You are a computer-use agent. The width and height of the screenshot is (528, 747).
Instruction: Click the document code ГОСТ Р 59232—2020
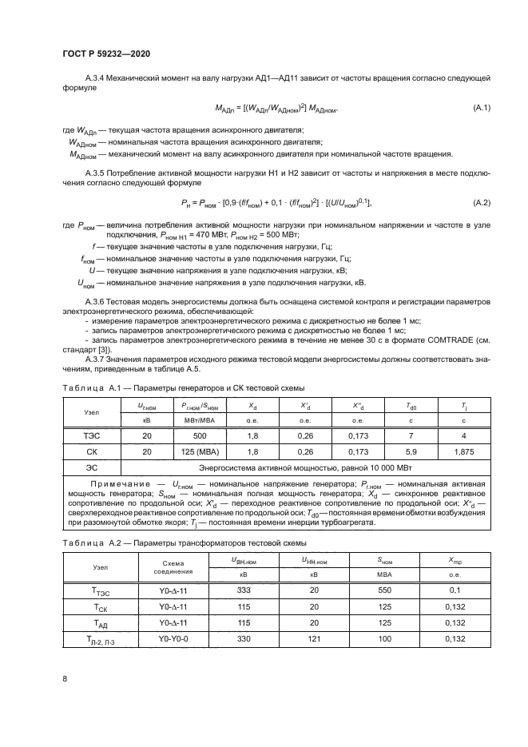(x=106, y=54)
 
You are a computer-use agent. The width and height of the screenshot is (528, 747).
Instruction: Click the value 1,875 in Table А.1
(x=463, y=451)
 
